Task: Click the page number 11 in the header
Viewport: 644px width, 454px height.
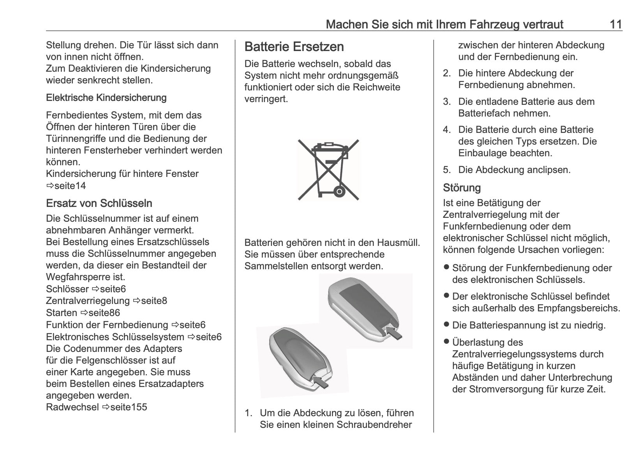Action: click(x=615, y=25)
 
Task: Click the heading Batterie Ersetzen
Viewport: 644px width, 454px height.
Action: click(x=294, y=47)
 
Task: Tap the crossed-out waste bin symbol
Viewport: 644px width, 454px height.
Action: click(x=328, y=170)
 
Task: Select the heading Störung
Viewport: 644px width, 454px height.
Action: click(x=462, y=188)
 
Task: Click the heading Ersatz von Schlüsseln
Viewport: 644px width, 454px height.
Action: click(x=99, y=203)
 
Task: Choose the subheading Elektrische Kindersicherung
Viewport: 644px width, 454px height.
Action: click(x=106, y=97)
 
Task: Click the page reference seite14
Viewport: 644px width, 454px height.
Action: click(x=70, y=185)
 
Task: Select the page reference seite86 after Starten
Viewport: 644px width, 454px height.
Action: click(x=104, y=313)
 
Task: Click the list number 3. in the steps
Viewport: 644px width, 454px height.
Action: click(x=446, y=102)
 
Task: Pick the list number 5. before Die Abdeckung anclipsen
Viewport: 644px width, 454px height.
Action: click(x=446, y=170)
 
